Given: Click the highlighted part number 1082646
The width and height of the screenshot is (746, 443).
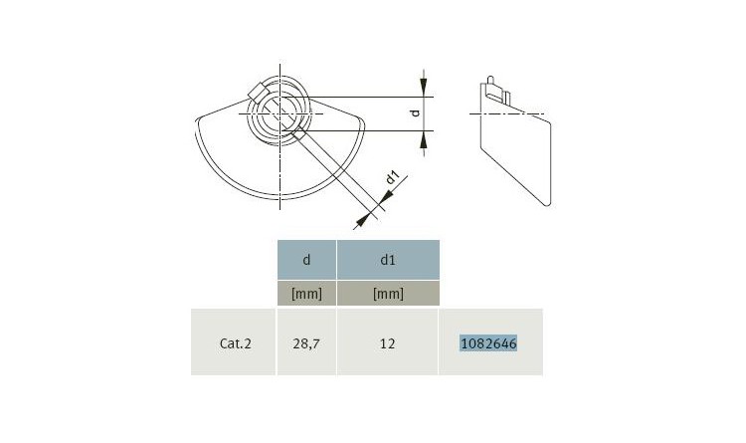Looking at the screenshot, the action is pyautogui.click(x=488, y=343).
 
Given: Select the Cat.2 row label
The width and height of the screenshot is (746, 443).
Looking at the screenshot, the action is pyautogui.click(x=235, y=343).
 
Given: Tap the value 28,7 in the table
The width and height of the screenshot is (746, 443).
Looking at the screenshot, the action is pyautogui.click(x=306, y=343).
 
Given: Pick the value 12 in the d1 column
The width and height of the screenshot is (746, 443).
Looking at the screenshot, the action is pyautogui.click(x=387, y=343).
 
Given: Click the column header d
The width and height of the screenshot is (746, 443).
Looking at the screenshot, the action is pyautogui.click(x=306, y=260).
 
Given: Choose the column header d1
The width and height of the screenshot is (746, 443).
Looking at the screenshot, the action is pyautogui.click(x=388, y=260).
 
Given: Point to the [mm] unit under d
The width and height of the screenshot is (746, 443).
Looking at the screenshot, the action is pyautogui.click(x=306, y=294).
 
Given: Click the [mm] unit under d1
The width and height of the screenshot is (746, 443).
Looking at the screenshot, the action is pyautogui.click(x=388, y=294).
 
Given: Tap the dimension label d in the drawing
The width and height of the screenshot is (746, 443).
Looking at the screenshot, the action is pyautogui.click(x=416, y=112).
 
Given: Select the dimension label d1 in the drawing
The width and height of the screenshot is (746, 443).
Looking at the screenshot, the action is pyautogui.click(x=392, y=177).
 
